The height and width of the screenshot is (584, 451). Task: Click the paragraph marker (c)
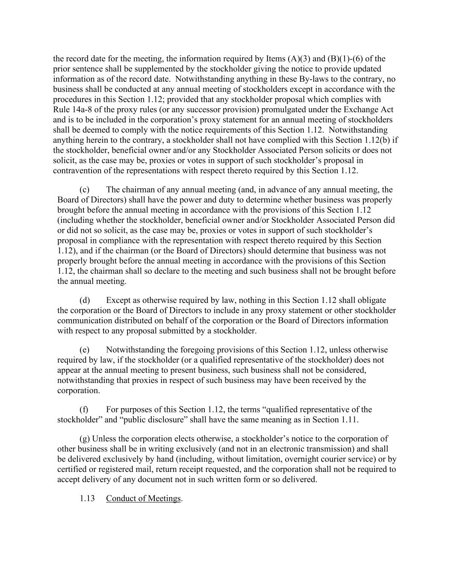point(84,190)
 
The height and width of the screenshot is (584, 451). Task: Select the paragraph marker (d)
point(85,300)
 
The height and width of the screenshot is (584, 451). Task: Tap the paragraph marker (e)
point(84,350)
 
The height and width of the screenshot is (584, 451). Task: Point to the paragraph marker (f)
point(84,409)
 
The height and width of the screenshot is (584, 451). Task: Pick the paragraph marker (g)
point(85,439)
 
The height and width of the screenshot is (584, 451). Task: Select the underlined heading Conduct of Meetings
point(144,498)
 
